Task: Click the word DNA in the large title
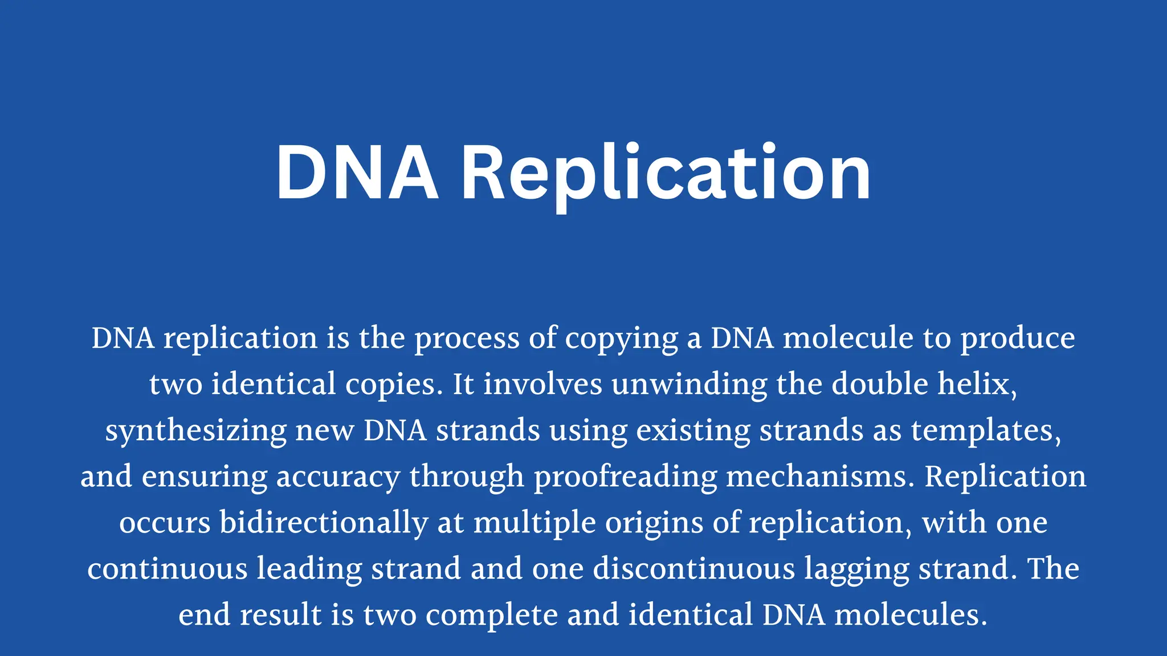357,173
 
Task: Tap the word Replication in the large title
666,173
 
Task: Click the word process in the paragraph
467,339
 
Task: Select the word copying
621,339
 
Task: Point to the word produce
1018,339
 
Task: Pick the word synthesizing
195,431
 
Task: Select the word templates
986,431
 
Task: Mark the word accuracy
338,477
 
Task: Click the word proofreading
625,477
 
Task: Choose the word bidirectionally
324,523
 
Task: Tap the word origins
654,523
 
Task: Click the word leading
309,569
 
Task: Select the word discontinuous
693,569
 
